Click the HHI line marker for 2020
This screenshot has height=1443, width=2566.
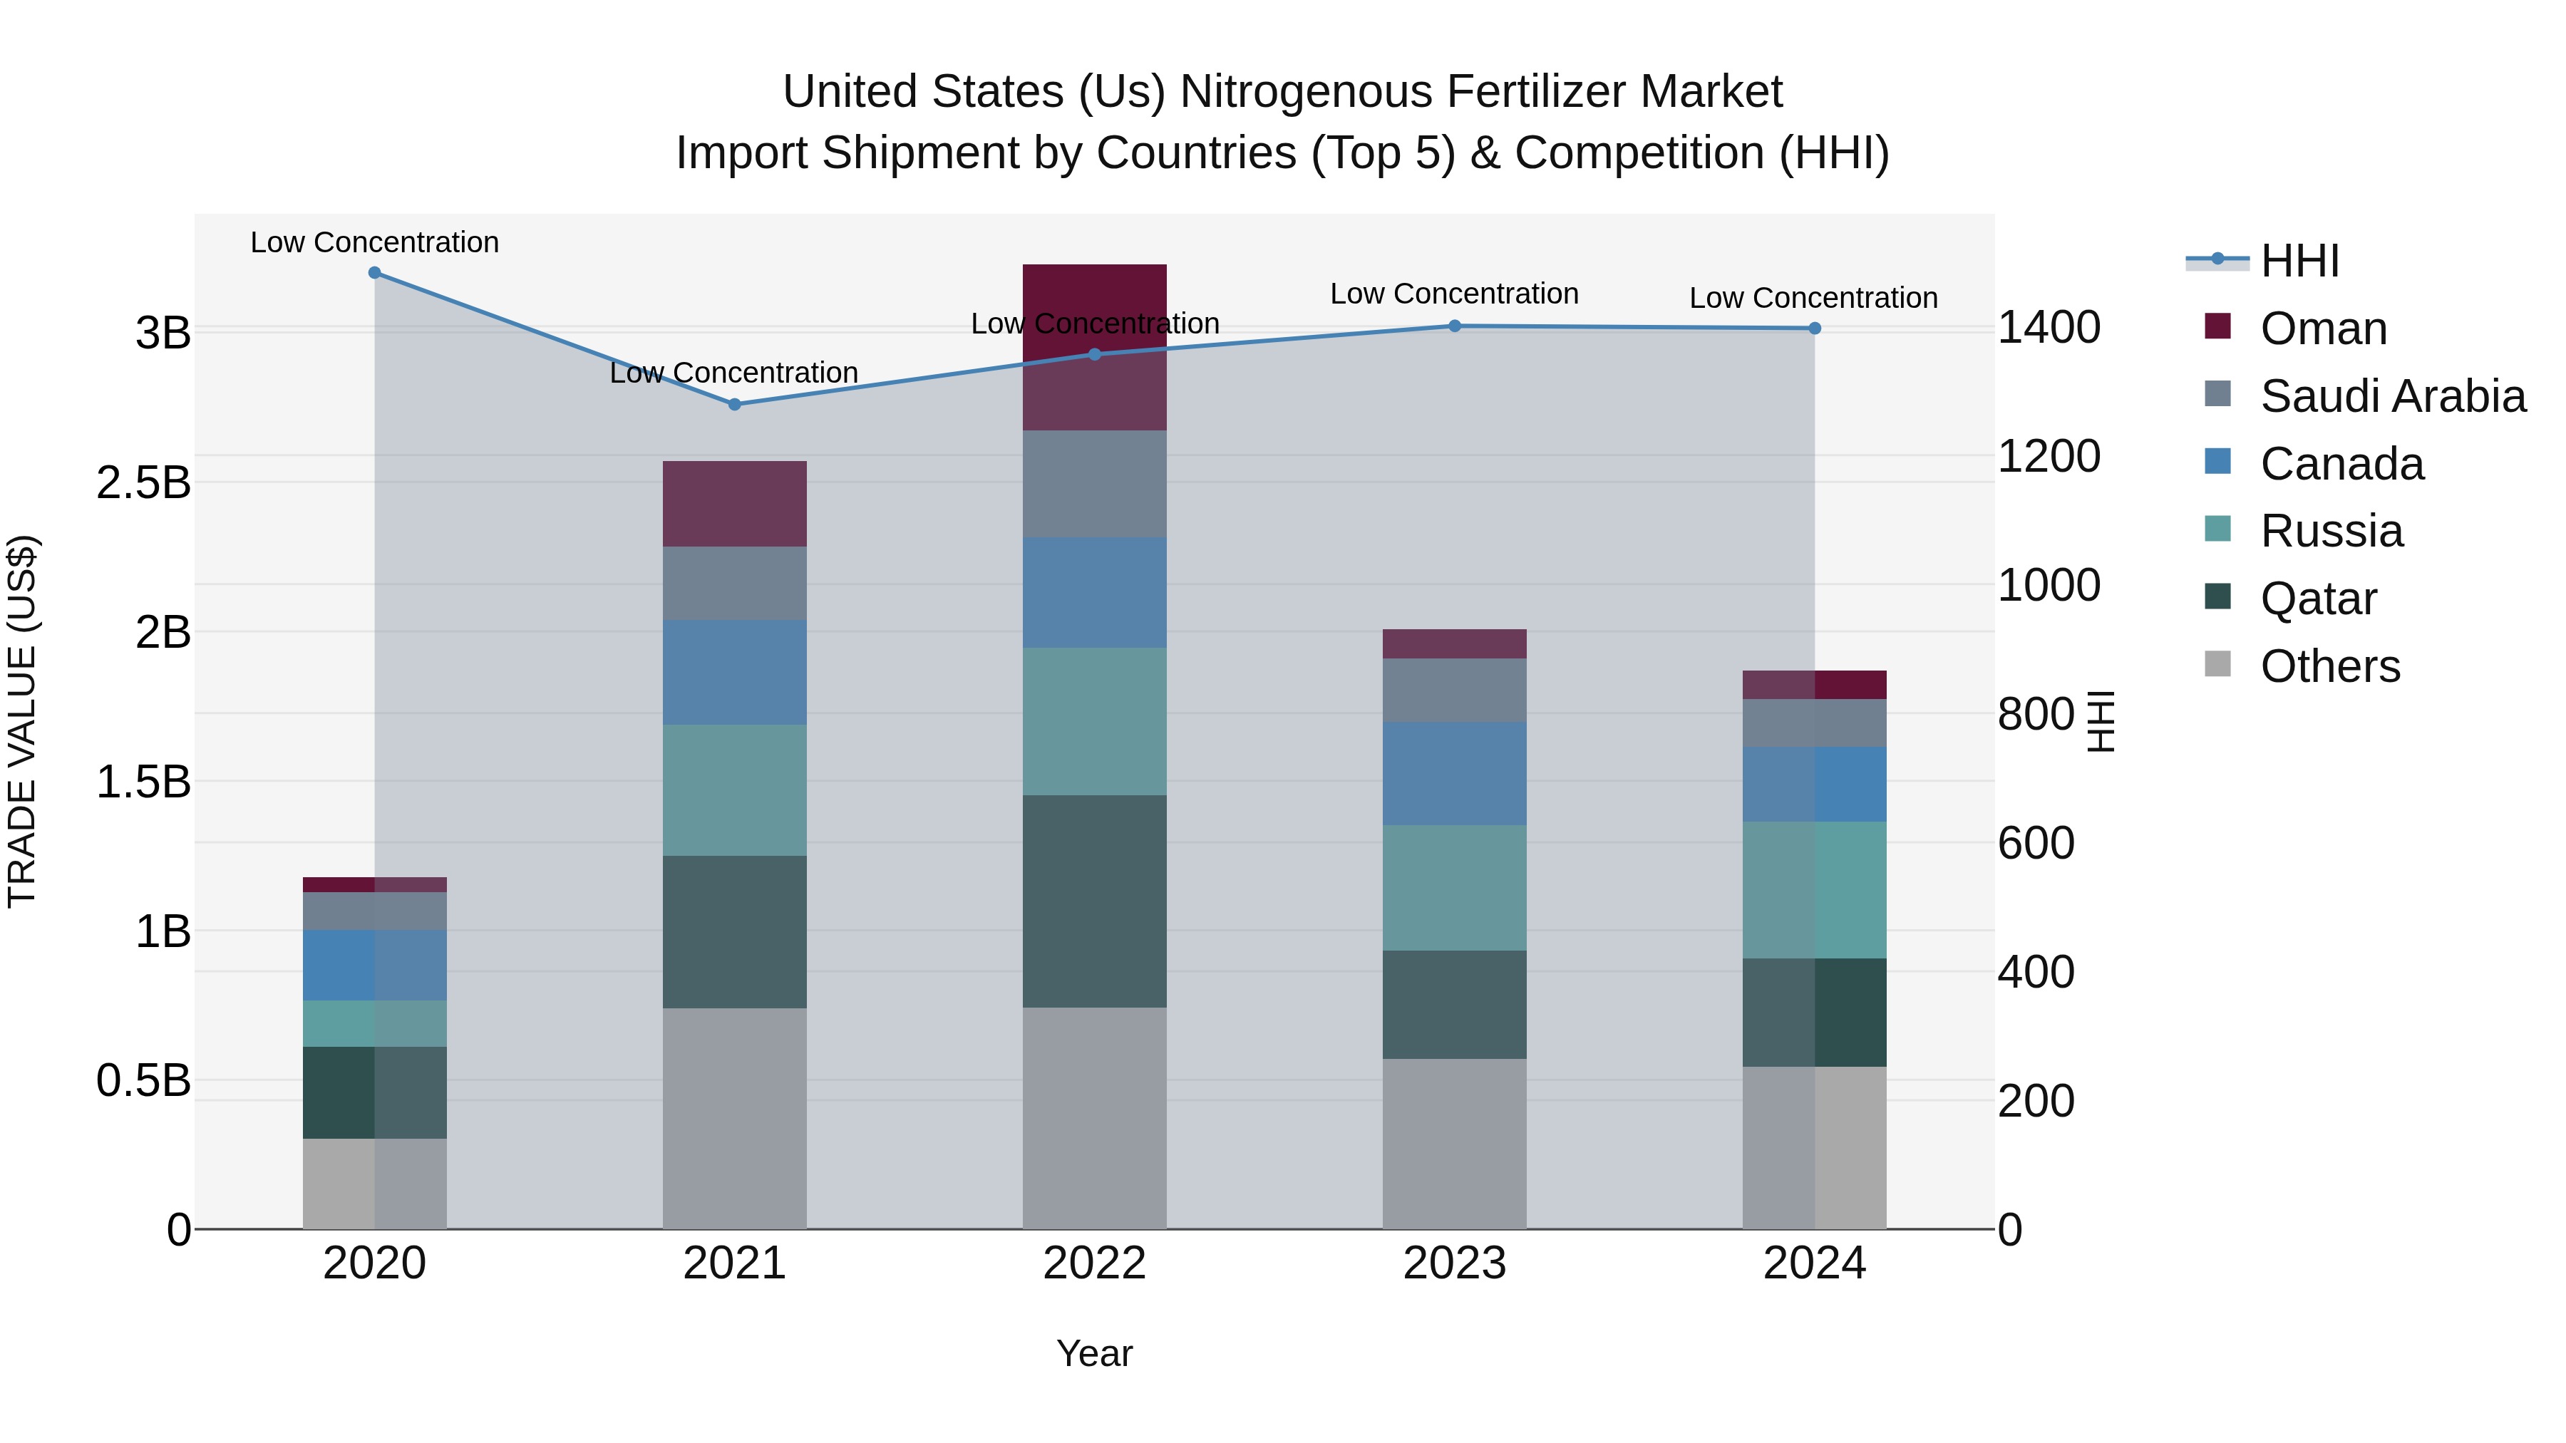tap(374, 273)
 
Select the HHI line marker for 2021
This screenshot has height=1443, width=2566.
tap(734, 404)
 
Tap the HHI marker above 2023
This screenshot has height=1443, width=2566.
tap(1454, 326)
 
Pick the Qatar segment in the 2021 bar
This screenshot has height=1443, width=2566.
tap(734, 931)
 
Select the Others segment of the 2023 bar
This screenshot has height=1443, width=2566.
tap(1454, 1143)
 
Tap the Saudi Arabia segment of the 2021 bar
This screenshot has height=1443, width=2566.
tap(734, 583)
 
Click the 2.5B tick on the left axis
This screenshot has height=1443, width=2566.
tap(143, 483)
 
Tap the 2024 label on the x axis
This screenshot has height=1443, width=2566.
tap(1814, 1263)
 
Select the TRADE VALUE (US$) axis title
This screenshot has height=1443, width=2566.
tap(22, 721)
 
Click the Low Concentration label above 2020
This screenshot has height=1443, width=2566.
tap(374, 242)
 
